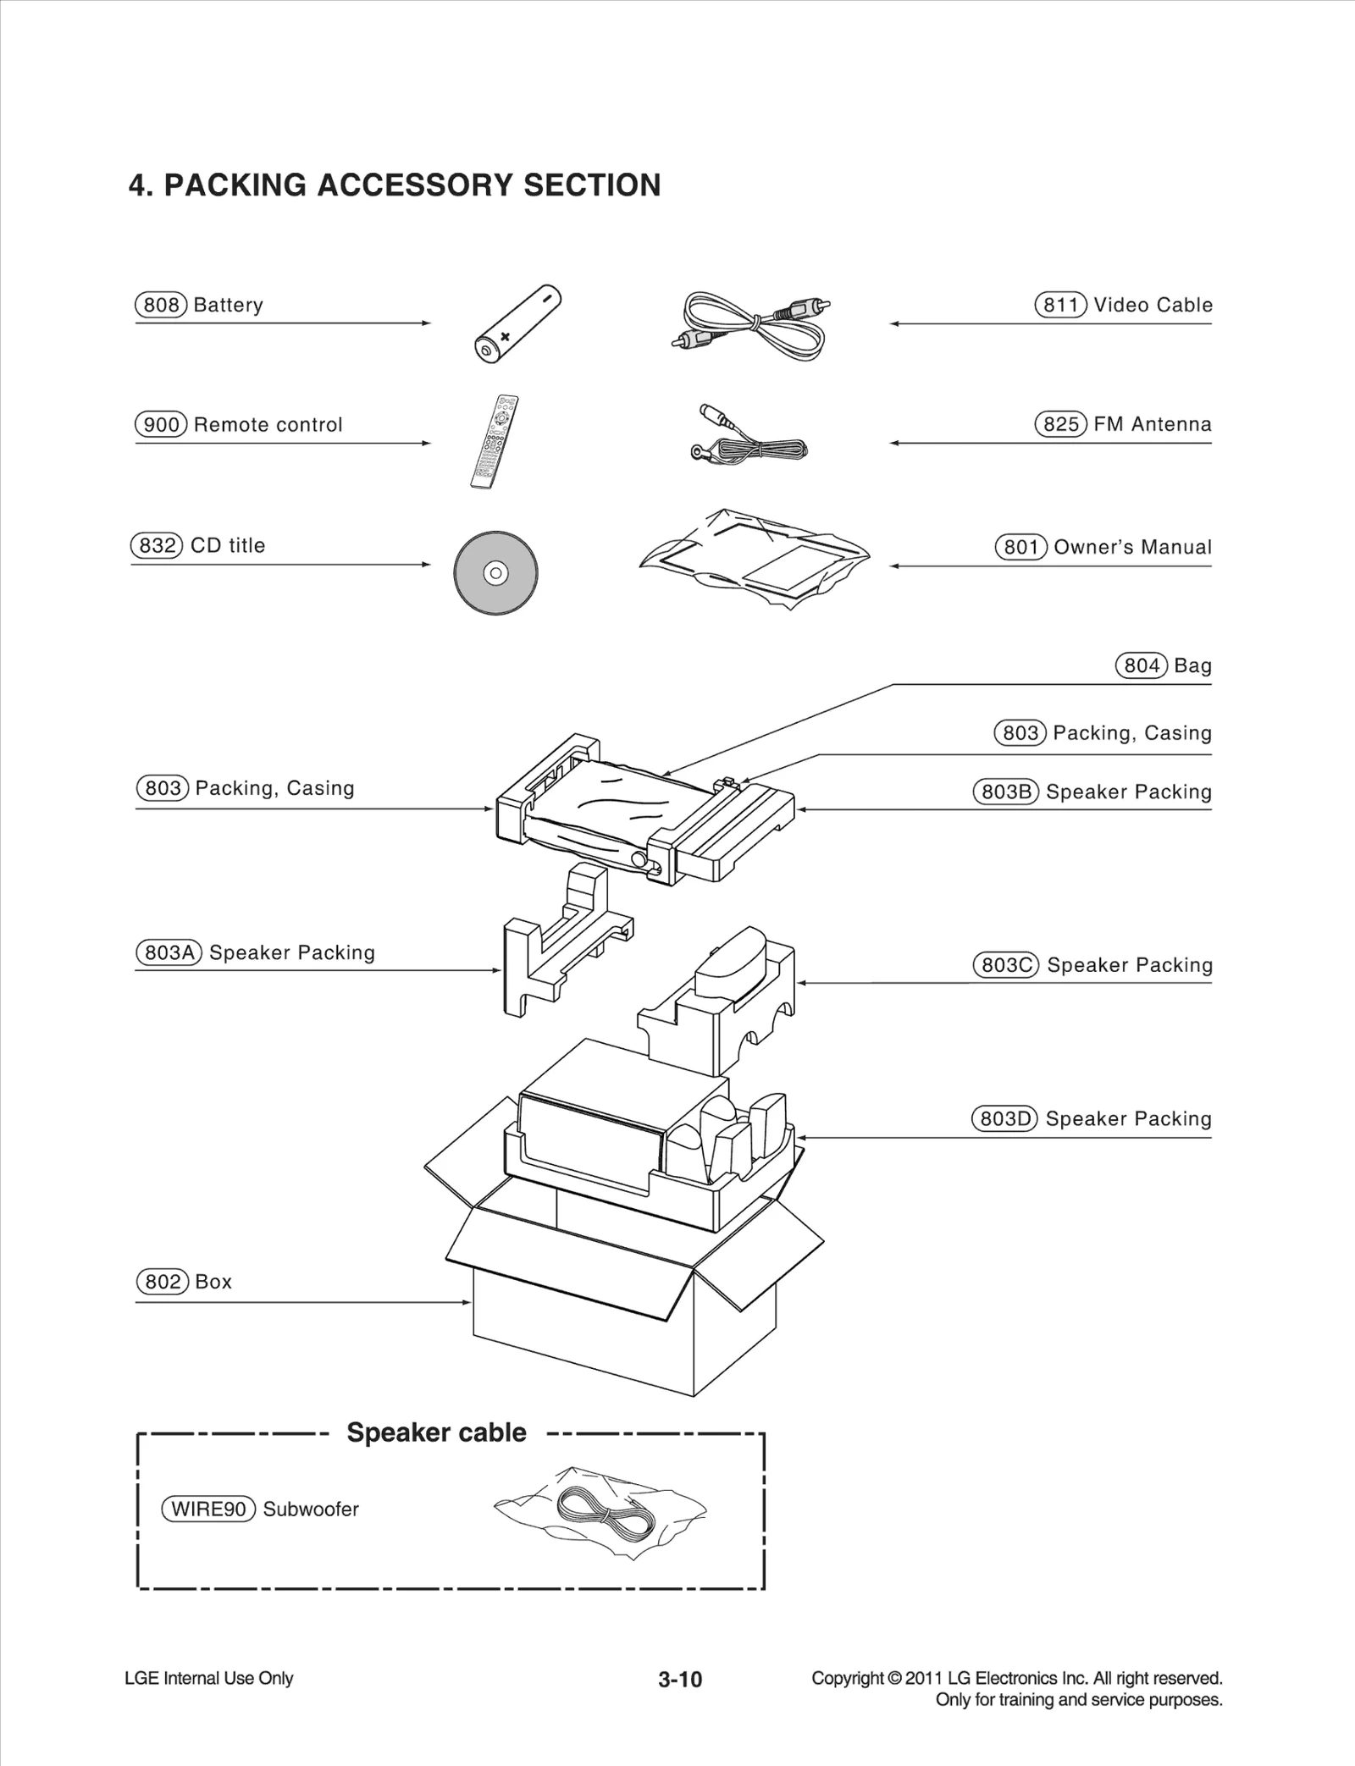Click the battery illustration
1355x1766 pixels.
(517, 324)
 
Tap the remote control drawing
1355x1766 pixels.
(495, 441)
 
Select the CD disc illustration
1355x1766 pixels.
(495, 573)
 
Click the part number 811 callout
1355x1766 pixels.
(1060, 305)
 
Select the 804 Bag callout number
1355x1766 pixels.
(1141, 665)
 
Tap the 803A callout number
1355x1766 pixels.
(169, 952)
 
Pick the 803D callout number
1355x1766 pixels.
(1004, 1118)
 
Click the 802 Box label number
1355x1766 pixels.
(162, 1282)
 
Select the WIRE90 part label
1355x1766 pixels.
(208, 1509)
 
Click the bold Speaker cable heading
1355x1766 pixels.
(436, 1432)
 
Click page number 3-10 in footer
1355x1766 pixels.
(680, 1680)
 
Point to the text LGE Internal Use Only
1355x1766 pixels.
(208, 1679)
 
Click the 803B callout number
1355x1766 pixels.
(1005, 792)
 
